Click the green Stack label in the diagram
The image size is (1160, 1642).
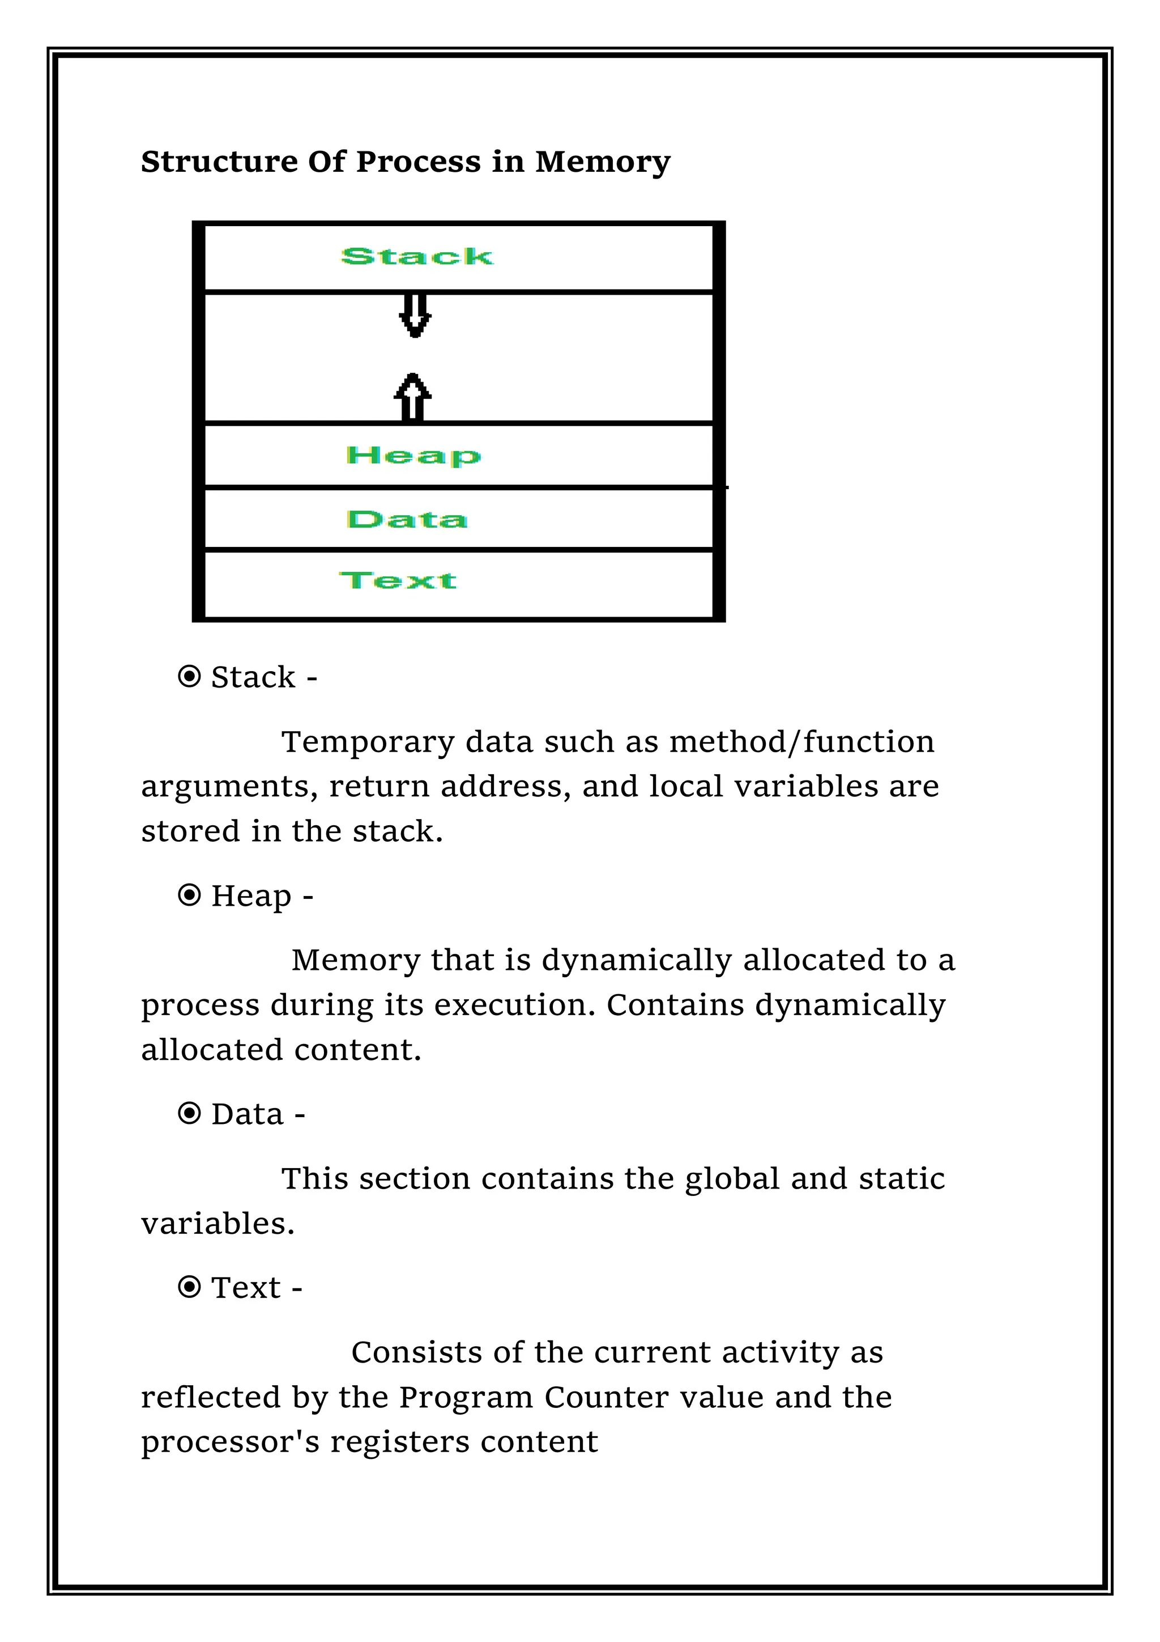click(417, 256)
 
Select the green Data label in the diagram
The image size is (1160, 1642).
click(407, 519)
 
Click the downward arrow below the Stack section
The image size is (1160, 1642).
click(415, 315)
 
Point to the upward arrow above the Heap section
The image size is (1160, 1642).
click(413, 398)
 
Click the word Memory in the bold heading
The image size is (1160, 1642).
click(603, 162)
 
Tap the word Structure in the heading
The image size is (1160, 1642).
click(219, 162)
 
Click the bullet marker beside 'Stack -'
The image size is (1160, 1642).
click(189, 677)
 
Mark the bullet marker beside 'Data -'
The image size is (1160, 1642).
click(189, 1114)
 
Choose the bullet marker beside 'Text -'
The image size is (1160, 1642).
click(189, 1287)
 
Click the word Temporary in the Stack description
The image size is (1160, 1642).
click(368, 742)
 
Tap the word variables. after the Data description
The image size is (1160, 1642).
click(218, 1224)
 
